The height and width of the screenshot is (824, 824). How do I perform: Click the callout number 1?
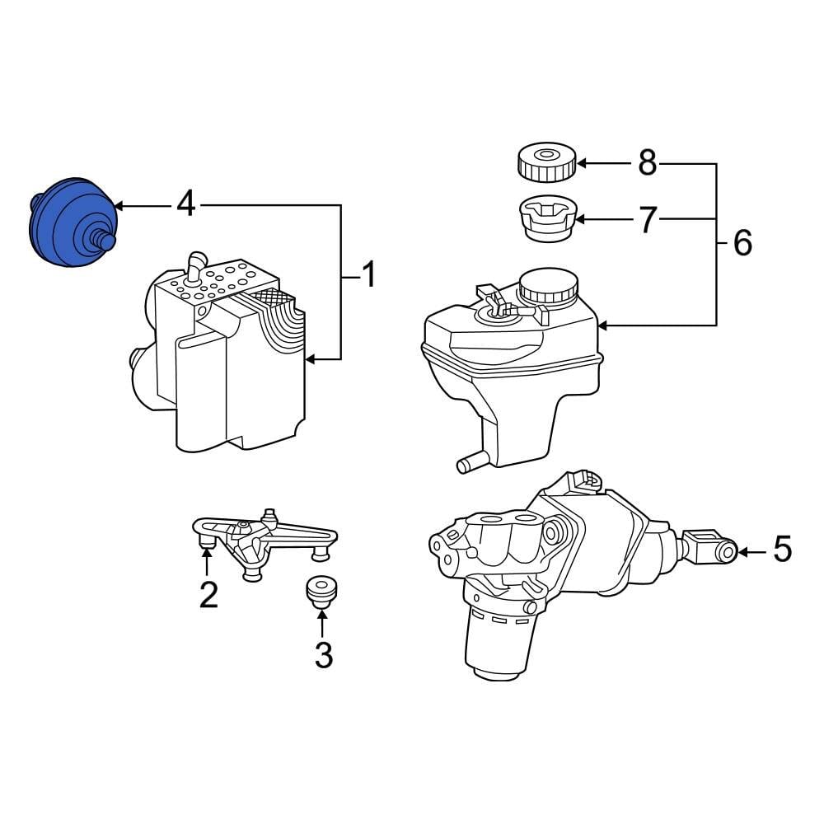click(x=368, y=274)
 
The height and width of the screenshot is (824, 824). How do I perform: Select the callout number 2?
click(x=208, y=594)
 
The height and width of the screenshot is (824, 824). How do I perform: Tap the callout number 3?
click(x=323, y=655)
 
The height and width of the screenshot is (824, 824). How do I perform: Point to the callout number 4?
click(x=187, y=204)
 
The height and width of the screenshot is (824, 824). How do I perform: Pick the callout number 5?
click(x=781, y=550)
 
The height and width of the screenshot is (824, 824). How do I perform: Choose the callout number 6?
click(x=742, y=243)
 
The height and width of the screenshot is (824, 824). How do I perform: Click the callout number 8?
click(x=647, y=163)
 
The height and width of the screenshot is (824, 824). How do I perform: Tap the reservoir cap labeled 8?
click(x=545, y=162)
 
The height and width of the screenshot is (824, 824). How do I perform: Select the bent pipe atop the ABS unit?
click(x=194, y=266)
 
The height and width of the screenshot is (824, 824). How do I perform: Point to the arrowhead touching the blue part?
click(x=118, y=204)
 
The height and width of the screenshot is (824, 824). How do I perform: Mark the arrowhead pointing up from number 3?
click(x=323, y=608)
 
